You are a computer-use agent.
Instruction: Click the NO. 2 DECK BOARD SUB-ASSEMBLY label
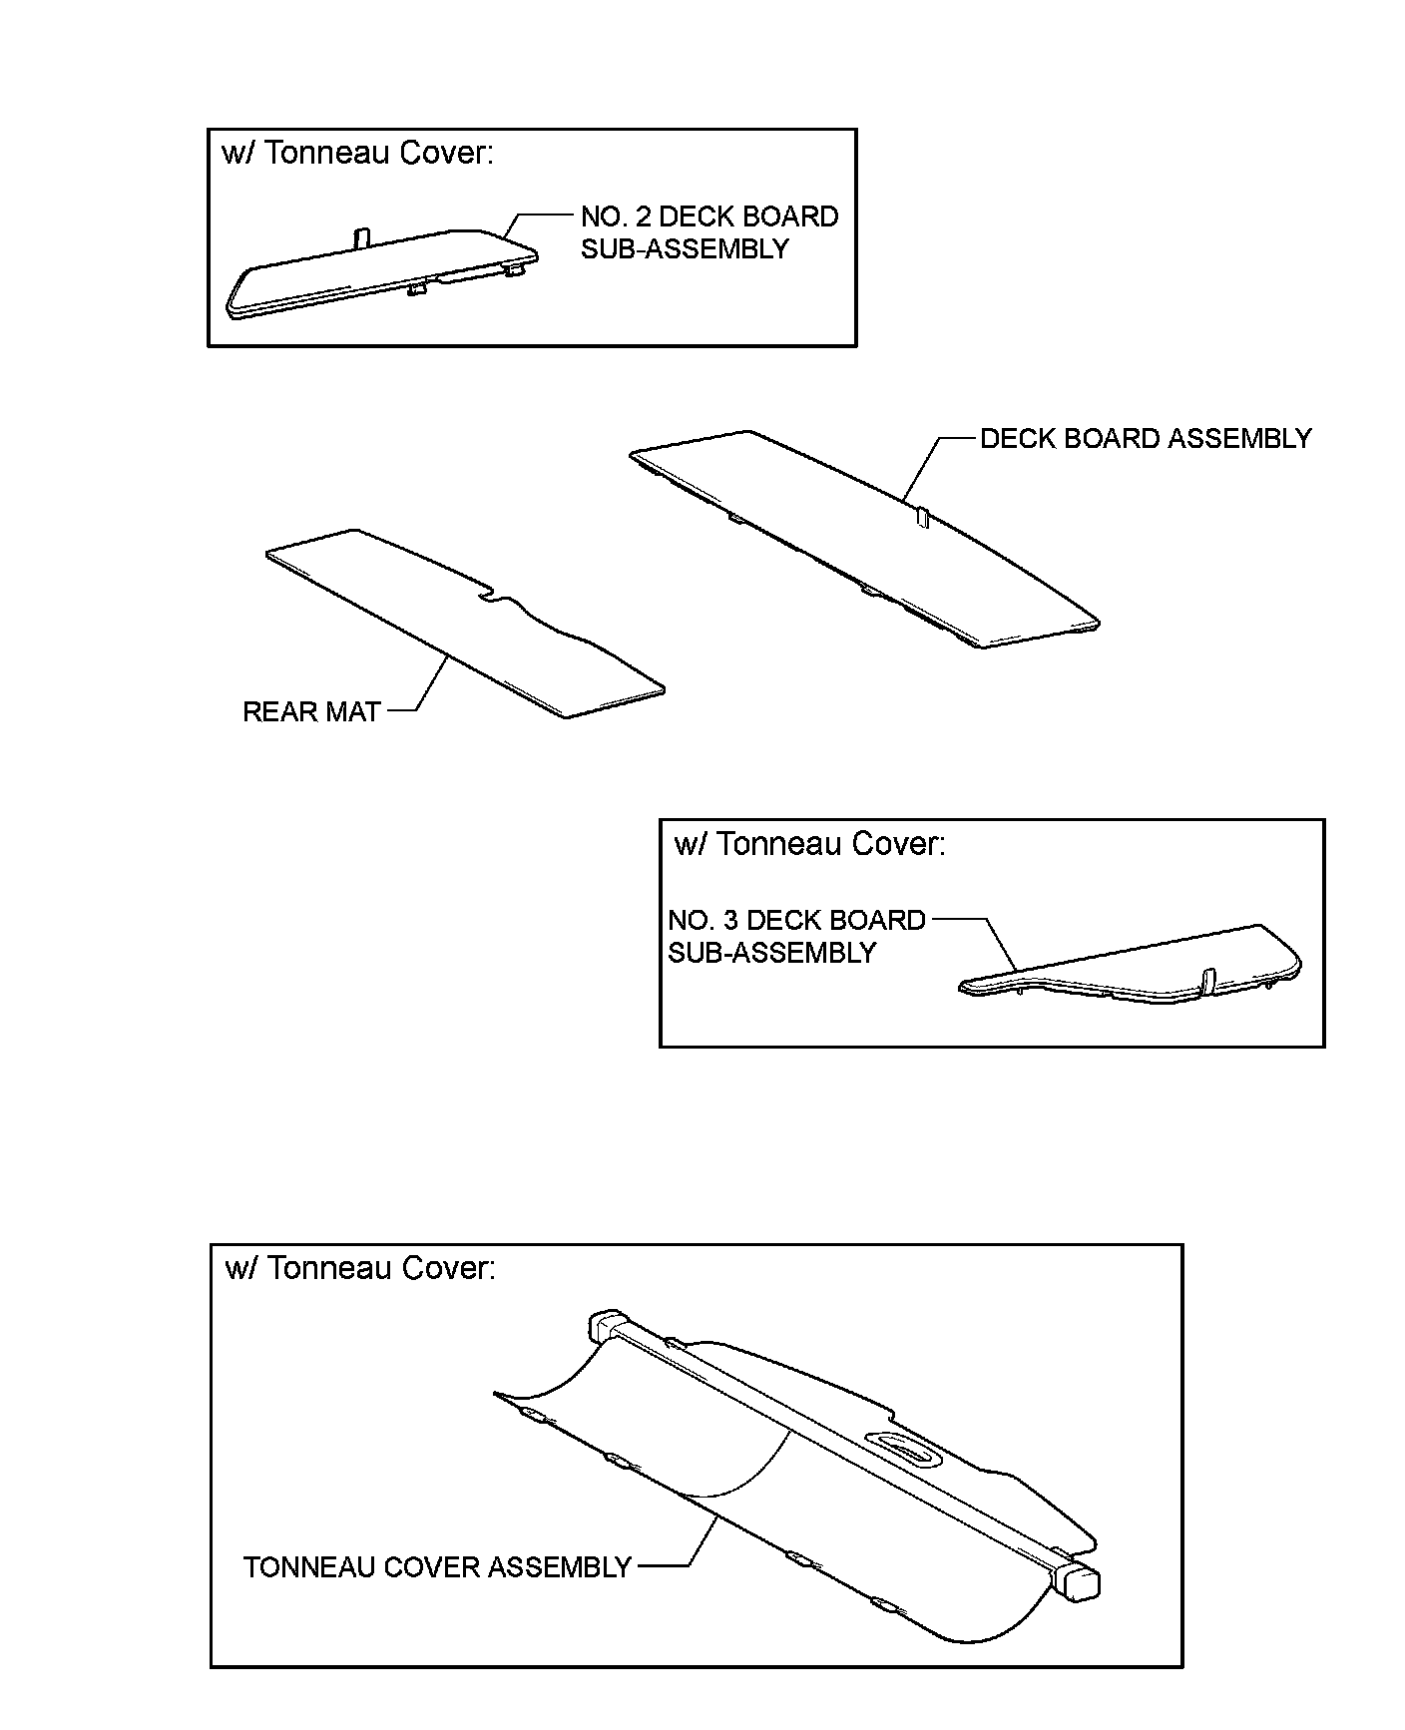point(708,232)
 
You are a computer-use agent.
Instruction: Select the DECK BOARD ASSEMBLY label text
point(1145,439)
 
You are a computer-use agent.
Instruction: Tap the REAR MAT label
point(311,711)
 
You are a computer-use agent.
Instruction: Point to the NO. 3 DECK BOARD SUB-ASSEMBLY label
point(796,936)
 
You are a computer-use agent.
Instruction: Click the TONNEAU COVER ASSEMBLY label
point(437,1567)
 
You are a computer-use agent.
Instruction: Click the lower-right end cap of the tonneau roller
point(1079,1583)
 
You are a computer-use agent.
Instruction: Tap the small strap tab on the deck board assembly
point(923,517)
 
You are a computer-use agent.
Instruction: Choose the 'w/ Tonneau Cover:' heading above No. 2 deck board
point(357,154)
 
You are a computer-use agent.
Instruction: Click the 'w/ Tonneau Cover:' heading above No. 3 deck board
point(809,844)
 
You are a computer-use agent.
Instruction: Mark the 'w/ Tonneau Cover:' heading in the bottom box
point(360,1268)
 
